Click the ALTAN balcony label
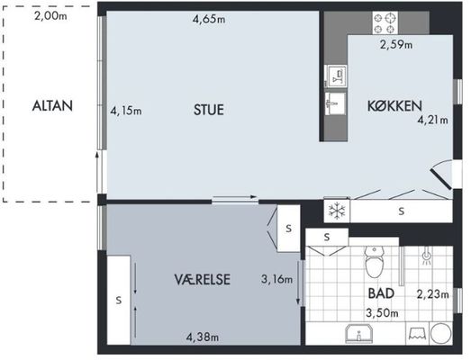(52, 106)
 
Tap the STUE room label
(209, 110)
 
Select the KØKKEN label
(394, 105)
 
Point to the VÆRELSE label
(202, 280)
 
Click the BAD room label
(381, 293)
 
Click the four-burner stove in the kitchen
(385, 22)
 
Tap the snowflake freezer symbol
(338, 211)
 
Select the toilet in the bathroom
(374, 262)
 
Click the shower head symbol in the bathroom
(426, 257)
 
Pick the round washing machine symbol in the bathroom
(440, 333)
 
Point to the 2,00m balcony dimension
(50, 16)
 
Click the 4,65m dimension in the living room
(209, 20)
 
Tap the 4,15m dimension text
(126, 111)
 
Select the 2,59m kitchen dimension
(396, 45)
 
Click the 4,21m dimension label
(433, 120)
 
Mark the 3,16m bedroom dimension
(276, 280)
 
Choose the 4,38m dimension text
(202, 337)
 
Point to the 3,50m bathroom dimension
(382, 313)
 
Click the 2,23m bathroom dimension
(433, 294)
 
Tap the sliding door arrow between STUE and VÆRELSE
(235, 197)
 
